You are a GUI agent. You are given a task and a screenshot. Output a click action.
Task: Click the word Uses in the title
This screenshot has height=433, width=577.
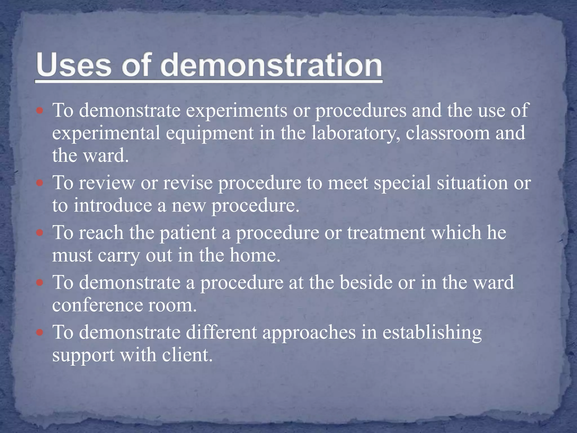pos(74,65)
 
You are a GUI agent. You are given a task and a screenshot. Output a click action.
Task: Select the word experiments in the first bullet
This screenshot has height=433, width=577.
pos(236,111)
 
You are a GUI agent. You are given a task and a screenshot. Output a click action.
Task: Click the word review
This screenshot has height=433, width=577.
pos(107,183)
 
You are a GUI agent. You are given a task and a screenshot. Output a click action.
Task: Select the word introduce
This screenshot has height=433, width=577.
pos(113,206)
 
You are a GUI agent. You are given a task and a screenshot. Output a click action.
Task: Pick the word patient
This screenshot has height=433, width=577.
pos(187,233)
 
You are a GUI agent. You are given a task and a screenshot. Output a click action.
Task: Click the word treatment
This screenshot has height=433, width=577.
pos(386,233)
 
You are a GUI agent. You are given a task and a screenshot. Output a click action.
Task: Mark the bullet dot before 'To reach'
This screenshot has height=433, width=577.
pos(40,233)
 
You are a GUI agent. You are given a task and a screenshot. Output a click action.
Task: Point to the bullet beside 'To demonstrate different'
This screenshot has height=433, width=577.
pos(40,332)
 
